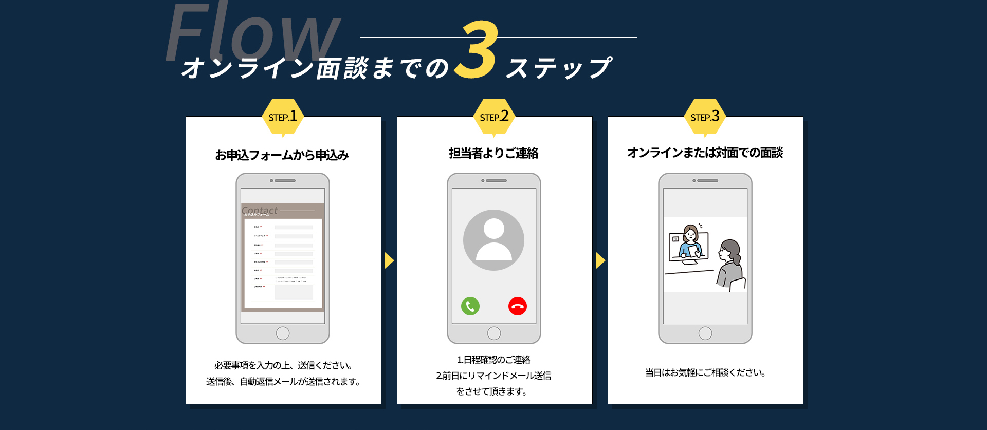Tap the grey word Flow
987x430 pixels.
coord(252,33)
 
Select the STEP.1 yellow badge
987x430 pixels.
coord(283,117)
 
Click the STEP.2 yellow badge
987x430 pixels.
coord(494,117)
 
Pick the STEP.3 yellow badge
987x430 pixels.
coord(705,117)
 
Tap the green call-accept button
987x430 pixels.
coord(470,306)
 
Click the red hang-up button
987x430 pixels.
coord(518,306)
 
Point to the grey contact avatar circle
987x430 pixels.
coord(493,240)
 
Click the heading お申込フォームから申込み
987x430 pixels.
coord(282,155)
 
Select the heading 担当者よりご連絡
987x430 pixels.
coord(493,153)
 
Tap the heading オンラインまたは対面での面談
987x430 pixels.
coord(705,153)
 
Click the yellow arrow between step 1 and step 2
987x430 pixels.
coord(389,260)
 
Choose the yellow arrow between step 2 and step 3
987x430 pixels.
coord(600,260)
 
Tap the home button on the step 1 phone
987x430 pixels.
coord(283,333)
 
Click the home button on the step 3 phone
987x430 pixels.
coord(705,333)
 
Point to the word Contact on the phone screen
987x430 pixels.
coord(260,210)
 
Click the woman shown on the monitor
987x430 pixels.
coord(690,241)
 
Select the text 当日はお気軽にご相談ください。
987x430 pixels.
coord(705,372)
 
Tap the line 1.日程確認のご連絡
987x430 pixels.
coord(493,360)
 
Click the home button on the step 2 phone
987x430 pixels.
coord(494,333)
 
